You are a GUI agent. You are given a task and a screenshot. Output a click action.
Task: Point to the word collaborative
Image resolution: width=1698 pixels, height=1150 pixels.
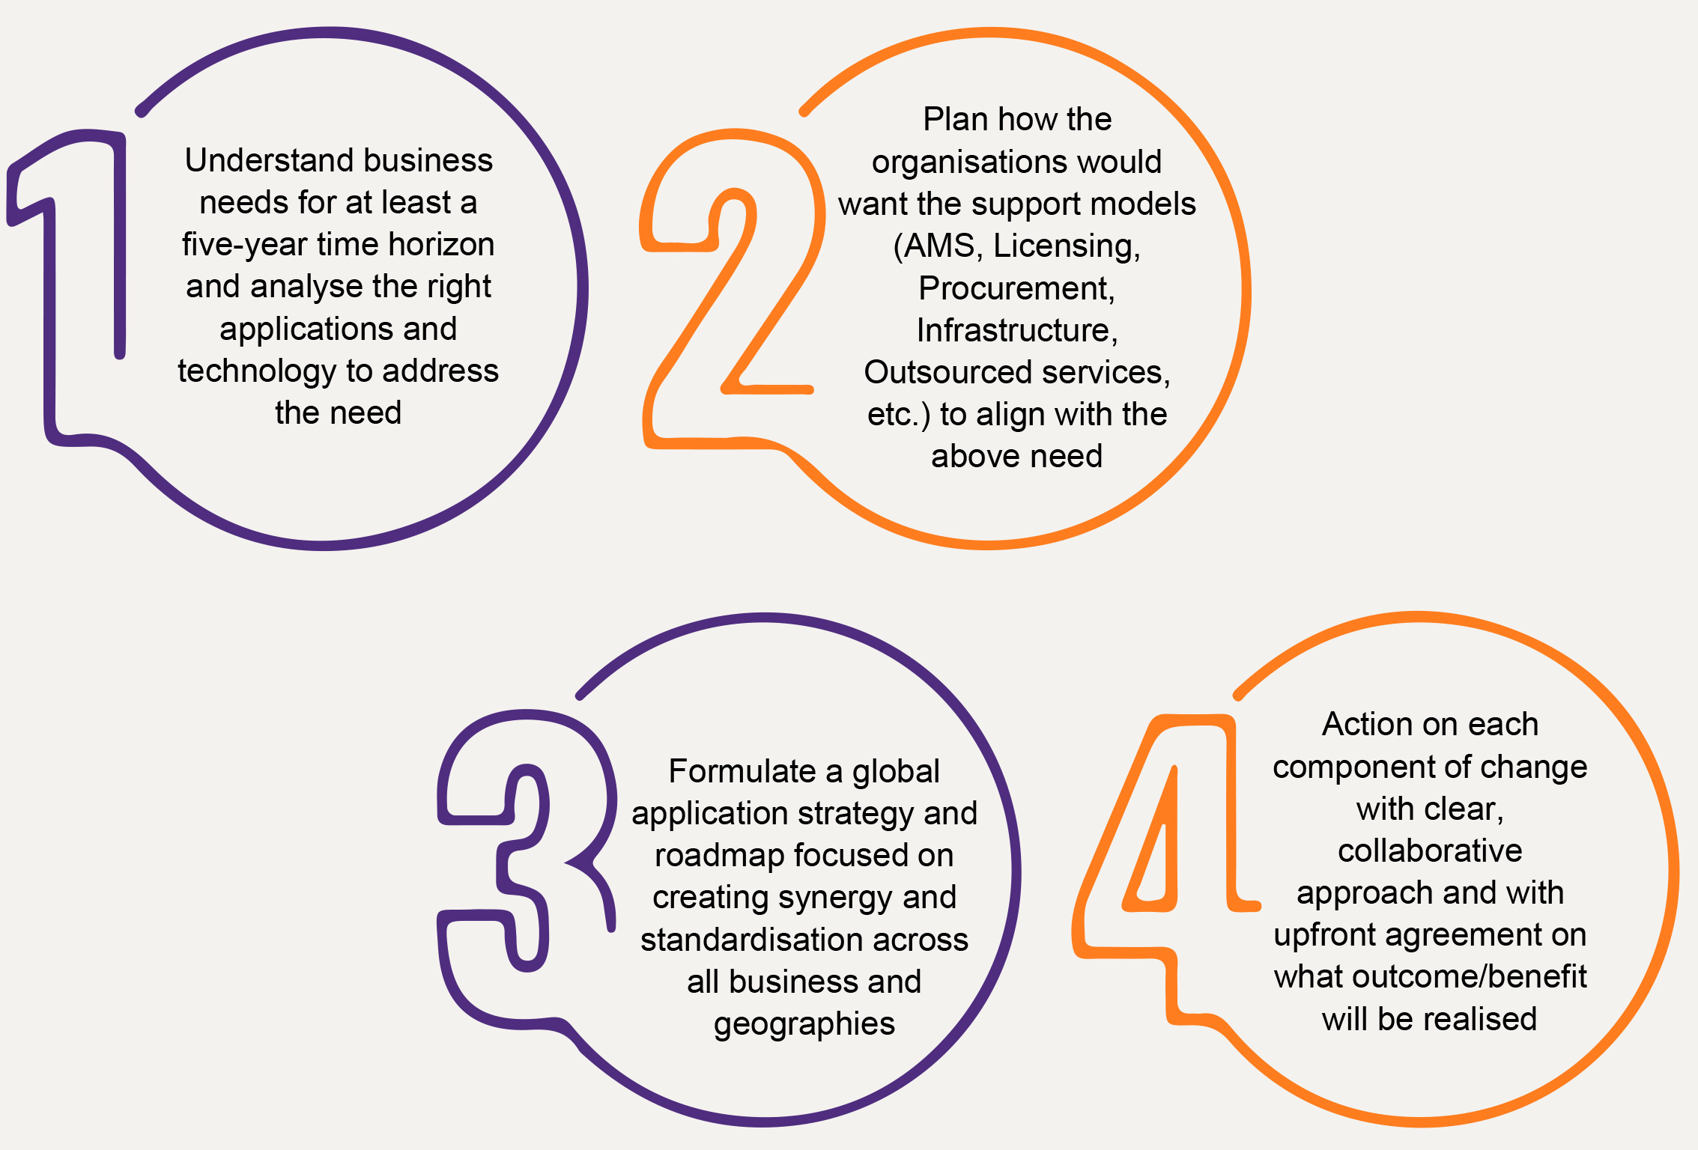point(1430,851)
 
